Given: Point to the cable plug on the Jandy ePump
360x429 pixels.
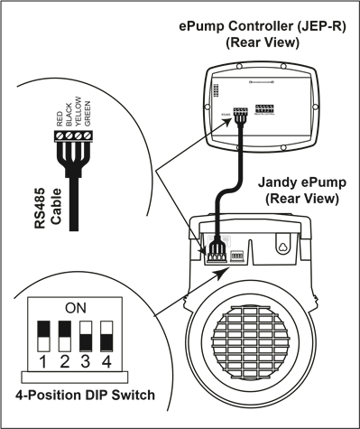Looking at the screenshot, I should click(x=217, y=250).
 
